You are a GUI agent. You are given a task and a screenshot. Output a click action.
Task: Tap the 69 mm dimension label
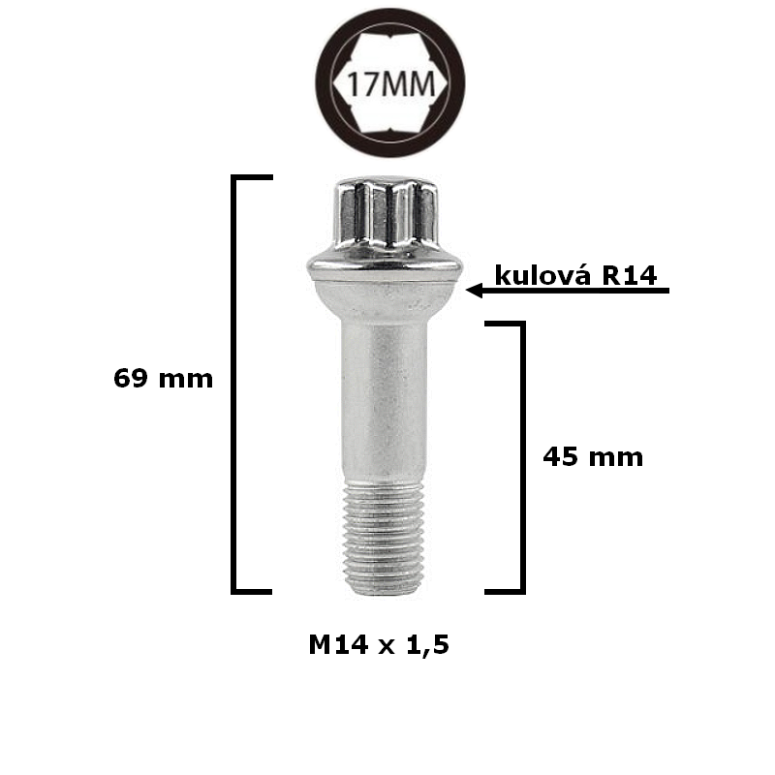click(163, 378)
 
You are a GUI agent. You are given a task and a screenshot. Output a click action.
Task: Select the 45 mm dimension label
click(593, 456)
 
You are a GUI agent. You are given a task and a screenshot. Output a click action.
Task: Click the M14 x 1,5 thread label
click(380, 645)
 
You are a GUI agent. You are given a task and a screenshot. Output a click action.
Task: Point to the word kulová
click(543, 275)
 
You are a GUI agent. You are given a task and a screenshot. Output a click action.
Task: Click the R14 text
click(631, 275)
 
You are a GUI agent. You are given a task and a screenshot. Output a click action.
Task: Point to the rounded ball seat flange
click(384, 276)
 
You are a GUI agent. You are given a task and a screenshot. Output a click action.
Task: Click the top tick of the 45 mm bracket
click(504, 324)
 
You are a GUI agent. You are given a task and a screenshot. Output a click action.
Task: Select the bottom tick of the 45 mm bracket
click(504, 590)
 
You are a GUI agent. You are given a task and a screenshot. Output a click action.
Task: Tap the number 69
click(131, 378)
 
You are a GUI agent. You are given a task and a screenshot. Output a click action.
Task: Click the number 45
click(561, 456)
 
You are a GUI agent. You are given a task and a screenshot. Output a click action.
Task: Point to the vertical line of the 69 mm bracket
click(234, 387)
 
